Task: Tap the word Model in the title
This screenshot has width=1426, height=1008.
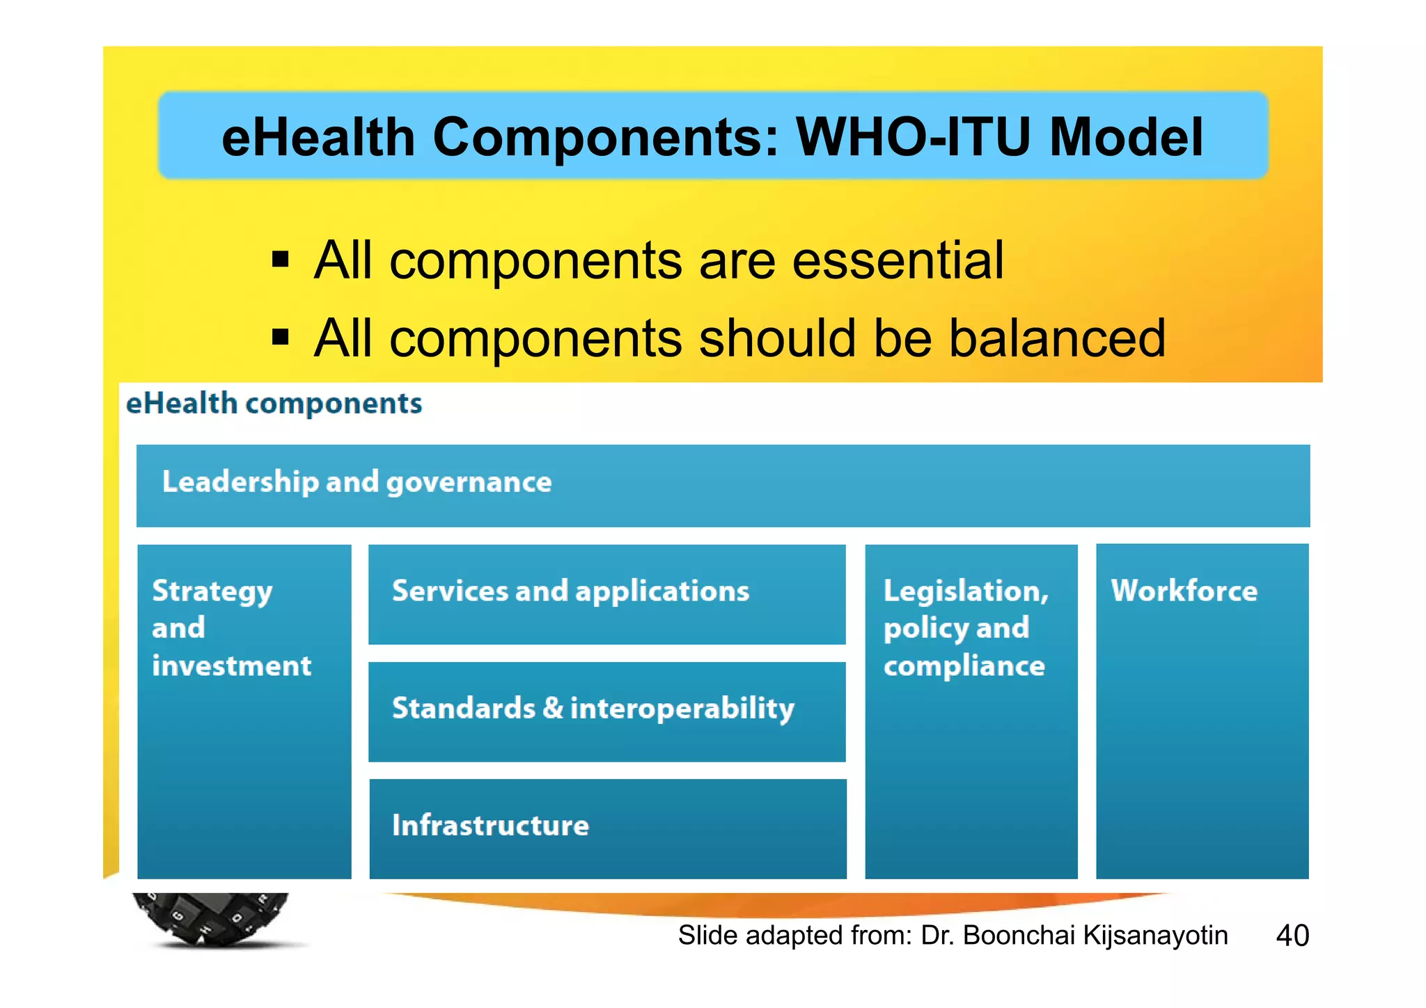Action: pos(1126,137)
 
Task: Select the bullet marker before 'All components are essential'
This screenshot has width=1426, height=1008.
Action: pos(280,260)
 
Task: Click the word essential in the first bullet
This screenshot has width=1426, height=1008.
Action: pos(898,260)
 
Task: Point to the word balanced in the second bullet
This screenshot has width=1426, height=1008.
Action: pos(1056,339)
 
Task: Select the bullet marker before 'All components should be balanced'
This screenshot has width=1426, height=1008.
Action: pos(280,338)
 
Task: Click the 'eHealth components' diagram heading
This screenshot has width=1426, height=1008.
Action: pos(274,404)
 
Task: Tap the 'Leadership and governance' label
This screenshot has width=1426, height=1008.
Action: pos(356,482)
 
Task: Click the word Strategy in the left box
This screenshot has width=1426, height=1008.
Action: pos(212,592)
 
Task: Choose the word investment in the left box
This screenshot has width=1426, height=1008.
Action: pos(231,666)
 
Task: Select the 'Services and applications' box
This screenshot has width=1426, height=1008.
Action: pos(606,594)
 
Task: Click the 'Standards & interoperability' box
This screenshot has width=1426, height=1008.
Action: pos(606,711)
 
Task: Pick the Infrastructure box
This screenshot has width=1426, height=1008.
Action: pos(607,828)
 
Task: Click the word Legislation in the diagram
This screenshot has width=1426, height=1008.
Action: pos(965,592)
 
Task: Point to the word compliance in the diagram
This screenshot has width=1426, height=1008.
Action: pos(964,666)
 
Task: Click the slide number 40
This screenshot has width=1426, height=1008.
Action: pos(1292,935)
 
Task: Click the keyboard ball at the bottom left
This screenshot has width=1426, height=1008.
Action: pos(210,918)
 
